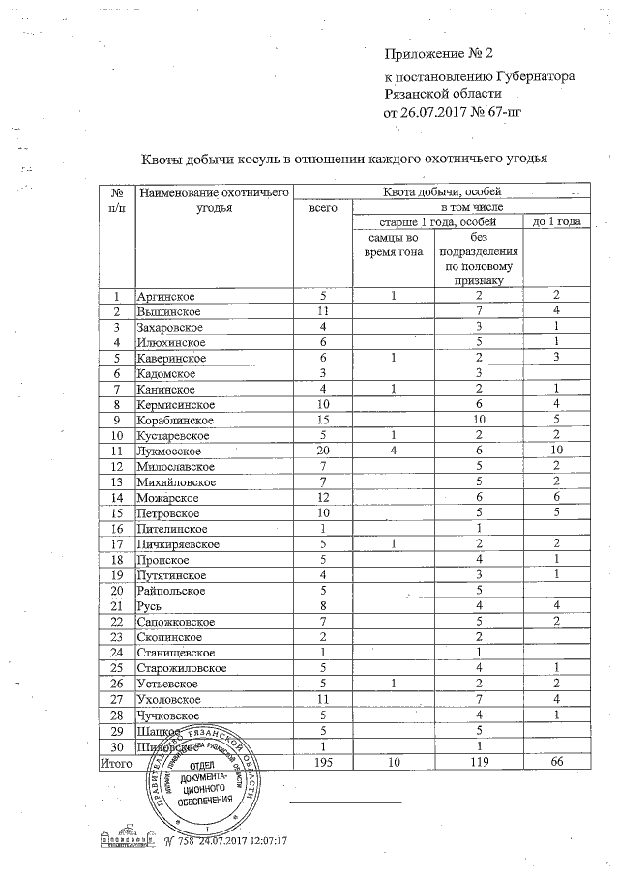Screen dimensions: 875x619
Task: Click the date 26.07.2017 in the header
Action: [x=434, y=113]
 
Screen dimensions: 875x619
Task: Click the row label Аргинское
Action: [x=168, y=296]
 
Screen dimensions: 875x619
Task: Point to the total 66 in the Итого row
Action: [x=556, y=761]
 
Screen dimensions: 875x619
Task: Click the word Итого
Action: [x=117, y=761]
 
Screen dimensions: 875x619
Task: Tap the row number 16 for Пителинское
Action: [x=117, y=528]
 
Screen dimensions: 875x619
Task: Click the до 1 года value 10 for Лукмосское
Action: [x=556, y=451]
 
